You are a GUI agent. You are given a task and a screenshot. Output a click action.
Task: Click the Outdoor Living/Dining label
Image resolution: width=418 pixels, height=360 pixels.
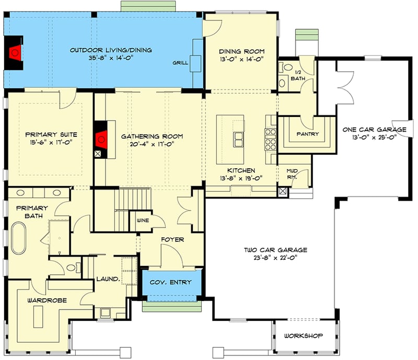pos(111,50)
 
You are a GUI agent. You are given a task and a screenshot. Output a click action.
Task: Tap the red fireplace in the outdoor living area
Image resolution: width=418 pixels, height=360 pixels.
pos(16,51)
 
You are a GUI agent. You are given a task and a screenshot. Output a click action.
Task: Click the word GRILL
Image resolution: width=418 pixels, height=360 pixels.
pos(180,63)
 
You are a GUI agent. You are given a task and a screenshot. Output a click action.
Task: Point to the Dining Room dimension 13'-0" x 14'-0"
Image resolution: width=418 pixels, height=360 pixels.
pos(241,60)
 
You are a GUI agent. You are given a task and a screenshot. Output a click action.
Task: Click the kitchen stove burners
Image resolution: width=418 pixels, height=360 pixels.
pos(271,139)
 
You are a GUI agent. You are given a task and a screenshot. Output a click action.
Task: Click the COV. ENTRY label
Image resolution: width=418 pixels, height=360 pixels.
pos(170,282)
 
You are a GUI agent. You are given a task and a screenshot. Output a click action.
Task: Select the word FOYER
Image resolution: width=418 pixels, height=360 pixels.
pos(172,239)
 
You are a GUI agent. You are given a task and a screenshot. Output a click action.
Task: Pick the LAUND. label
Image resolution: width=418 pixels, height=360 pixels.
pos(108,280)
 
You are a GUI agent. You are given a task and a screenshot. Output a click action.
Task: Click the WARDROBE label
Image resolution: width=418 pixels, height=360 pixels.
pos(42,301)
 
